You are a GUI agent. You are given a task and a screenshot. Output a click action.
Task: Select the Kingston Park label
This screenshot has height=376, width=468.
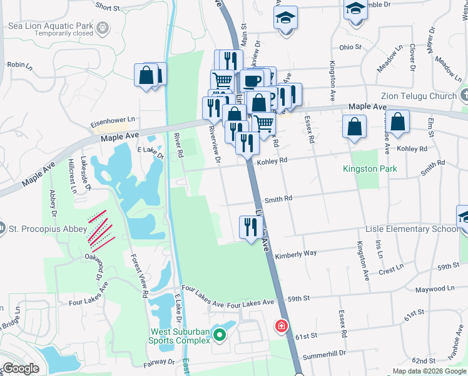click(x=365, y=169)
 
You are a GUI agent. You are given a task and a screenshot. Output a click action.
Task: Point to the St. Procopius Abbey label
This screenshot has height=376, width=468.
click(x=47, y=229)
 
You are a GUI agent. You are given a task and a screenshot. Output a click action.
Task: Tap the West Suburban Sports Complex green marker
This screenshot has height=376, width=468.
click(x=219, y=337)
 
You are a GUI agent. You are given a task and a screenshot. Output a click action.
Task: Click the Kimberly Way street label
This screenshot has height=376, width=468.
click(x=295, y=254)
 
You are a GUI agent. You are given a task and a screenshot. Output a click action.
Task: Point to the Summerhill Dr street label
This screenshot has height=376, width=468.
click(x=324, y=354)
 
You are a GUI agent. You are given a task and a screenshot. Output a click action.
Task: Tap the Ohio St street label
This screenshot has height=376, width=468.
click(x=350, y=47)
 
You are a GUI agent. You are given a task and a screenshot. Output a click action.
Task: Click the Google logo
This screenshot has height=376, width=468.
click(x=21, y=368)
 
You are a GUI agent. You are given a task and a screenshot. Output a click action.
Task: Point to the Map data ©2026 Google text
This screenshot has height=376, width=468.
click(x=429, y=371)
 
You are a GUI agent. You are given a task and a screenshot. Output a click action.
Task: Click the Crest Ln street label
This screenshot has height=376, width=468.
click(x=391, y=270)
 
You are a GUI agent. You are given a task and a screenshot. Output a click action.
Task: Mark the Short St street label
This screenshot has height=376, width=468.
click(x=108, y=8)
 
